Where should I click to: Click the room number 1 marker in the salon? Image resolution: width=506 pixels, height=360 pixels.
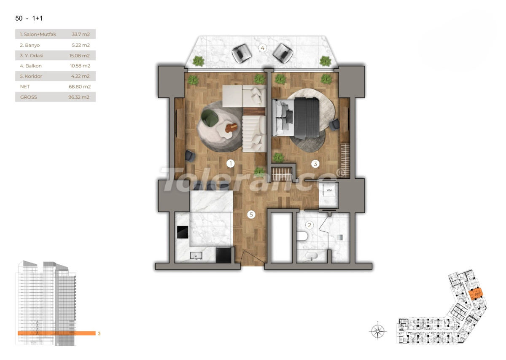coord(230,164)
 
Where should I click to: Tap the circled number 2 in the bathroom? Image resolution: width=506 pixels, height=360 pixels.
coord(310,225)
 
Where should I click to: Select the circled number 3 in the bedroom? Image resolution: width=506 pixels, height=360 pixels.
coord(315,164)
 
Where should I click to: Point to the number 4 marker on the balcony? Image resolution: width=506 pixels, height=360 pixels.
coord(263,48)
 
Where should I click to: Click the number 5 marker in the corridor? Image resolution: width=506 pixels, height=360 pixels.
coord(251,215)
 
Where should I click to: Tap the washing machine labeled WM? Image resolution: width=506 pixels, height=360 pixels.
coord(329,191)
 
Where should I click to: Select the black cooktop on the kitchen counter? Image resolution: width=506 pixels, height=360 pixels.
coord(183,232)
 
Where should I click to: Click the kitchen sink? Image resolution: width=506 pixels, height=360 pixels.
coord(196,255)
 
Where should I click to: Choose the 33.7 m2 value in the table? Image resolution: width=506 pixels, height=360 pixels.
coord(83,35)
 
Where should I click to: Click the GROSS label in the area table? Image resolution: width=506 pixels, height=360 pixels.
coord(29,97)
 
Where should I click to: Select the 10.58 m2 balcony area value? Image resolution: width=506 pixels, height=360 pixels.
coord(81,66)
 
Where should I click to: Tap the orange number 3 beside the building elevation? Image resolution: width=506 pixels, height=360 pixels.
coord(99,333)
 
